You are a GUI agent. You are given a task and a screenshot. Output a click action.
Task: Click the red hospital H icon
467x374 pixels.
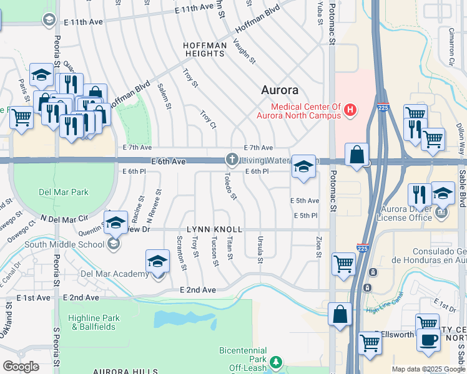[350, 111]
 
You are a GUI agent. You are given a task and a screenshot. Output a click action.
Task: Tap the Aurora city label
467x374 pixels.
[280, 90]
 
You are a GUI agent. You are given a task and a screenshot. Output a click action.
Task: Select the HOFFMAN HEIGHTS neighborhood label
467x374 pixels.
[204, 50]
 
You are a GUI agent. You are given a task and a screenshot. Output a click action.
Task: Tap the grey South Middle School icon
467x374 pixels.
[113, 244]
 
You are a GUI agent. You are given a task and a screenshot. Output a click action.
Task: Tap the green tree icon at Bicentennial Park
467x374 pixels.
[275, 362]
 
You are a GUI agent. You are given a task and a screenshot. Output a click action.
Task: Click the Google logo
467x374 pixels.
[21, 367]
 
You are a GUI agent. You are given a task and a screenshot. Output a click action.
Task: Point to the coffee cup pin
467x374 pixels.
[428, 340]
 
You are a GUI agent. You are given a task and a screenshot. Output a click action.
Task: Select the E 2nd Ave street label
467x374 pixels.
[198, 290]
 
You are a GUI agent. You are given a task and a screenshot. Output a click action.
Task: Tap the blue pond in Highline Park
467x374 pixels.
[177, 319]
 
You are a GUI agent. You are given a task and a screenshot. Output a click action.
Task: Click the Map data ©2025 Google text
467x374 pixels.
[428, 369]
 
